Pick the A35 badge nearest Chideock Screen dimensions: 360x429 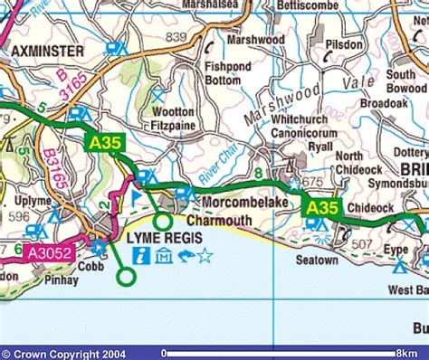pos(322,209)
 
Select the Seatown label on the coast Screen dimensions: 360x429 pos(317,261)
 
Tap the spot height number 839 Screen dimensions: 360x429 pos(176,36)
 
